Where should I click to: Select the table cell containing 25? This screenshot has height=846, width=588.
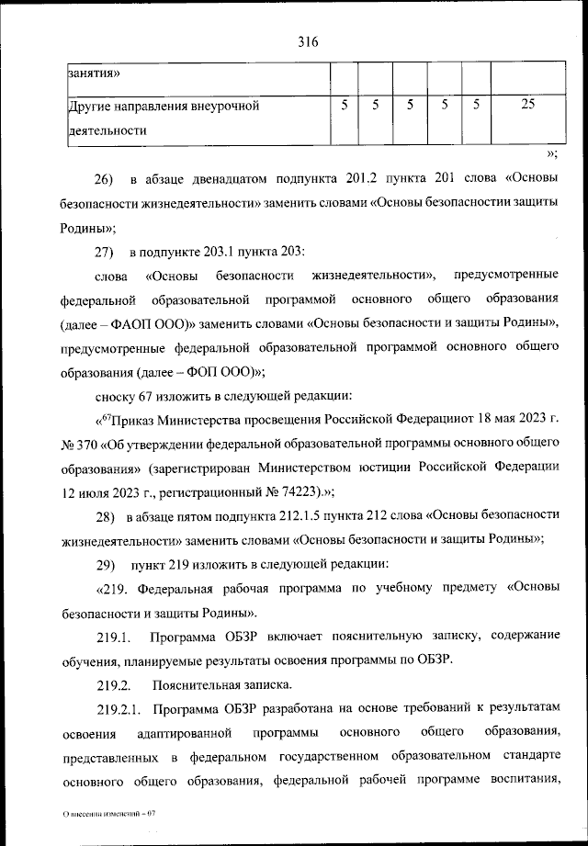(x=526, y=105)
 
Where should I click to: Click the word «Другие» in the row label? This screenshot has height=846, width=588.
(x=91, y=106)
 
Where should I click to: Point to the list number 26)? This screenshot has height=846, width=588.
(x=104, y=176)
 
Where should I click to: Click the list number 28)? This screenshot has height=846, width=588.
(x=104, y=514)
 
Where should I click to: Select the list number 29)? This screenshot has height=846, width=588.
(x=104, y=562)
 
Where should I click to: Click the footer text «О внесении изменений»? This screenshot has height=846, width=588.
(x=100, y=815)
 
